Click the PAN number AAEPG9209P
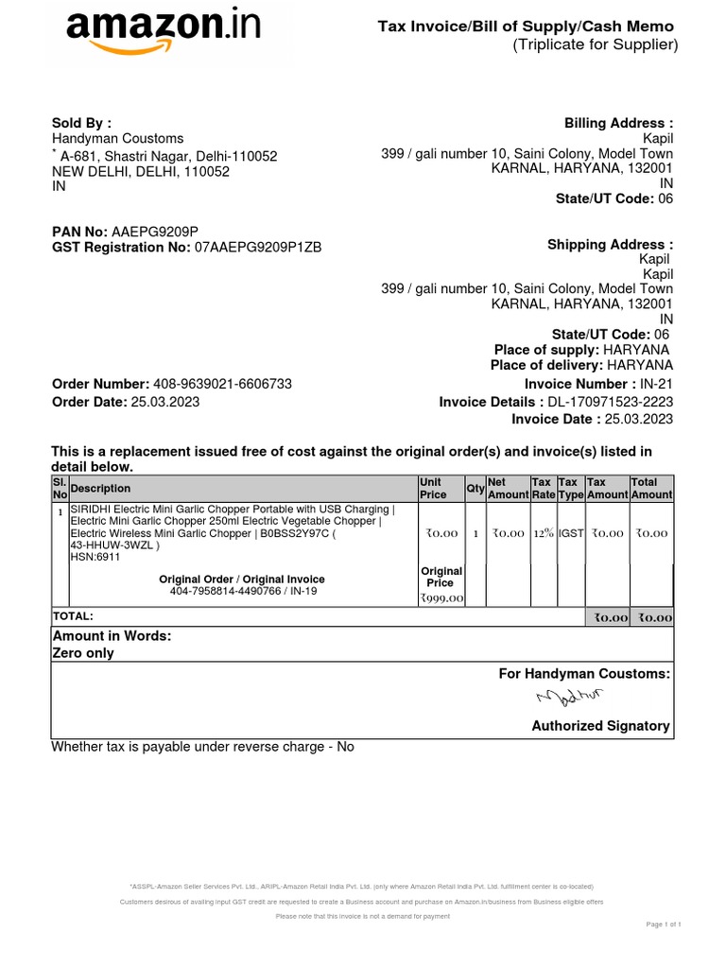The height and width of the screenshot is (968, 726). (x=155, y=232)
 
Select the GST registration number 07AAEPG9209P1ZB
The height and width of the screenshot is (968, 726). (x=258, y=248)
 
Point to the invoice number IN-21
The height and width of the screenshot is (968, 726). (x=656, y=384)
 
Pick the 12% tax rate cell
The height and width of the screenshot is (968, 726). (x=543, y=533)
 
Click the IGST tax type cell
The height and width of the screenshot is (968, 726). (x=570, y=533)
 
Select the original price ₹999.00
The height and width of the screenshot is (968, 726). (x=441, y=597)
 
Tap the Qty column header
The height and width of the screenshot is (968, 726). (x=475, y=488)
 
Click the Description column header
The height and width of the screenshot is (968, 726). (x=101, y=489)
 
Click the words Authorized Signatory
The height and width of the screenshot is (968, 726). (x=600, y=726)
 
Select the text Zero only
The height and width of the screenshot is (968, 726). (x=83, y=653)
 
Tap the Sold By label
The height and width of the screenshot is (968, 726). (x=81, y=123)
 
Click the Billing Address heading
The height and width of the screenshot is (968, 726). (x=618, y=123)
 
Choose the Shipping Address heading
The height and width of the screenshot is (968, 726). (x=610, y=245)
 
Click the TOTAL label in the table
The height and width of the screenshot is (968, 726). (x=73, y=616)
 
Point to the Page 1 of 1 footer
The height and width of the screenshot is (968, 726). (x=664, y=924)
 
